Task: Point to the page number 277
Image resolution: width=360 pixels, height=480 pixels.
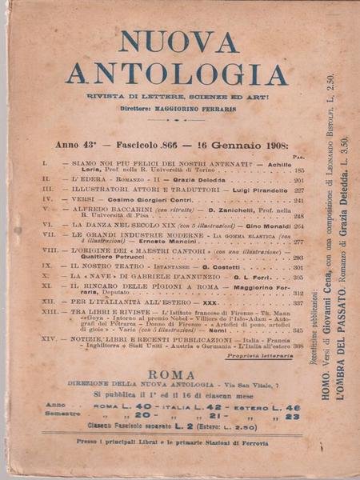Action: [298, 241]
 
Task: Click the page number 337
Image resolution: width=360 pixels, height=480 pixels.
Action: [298, 303]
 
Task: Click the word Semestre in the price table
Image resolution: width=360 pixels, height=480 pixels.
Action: [64, 416]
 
